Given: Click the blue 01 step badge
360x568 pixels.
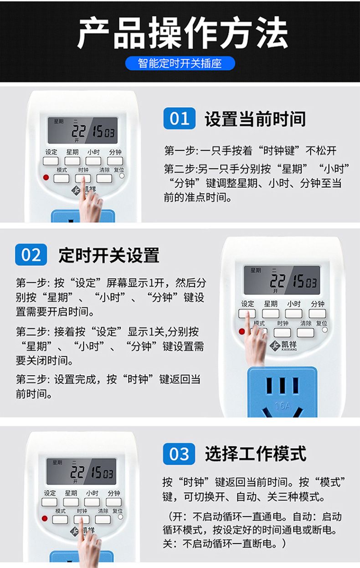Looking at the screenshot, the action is pyautogui.click(x=179, y=118).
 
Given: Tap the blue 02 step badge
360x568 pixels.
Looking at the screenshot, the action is pyautogui.click(x=31, y=254).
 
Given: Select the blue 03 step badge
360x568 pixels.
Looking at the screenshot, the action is pyautogui.click(x=179, y=454).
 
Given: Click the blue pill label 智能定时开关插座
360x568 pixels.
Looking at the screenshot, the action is pyautogui.click(x=180, y=63).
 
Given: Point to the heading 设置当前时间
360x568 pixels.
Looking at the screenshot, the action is pyautogui.click(x=255, y=119).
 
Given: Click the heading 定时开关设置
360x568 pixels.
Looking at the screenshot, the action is pyautogui.click(x=109, y=255).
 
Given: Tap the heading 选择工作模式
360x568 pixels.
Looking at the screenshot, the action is pyautogui.click(x=256, y=454).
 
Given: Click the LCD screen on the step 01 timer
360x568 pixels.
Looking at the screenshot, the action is pyautogui.click(x=82, y=130).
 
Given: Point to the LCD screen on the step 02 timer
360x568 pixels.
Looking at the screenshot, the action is pyautogui.click(x=282, y=280).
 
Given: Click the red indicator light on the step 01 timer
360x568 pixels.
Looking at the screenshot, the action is pyautogui.click(x=46, y=177).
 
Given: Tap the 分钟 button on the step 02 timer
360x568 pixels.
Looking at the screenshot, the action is pyautogui.click(x=317, y=314).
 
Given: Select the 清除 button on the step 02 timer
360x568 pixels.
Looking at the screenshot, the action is pyautogui.click(x=305, y=333).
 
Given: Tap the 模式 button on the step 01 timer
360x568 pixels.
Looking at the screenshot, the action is pyautogui.click(x=62, y=179).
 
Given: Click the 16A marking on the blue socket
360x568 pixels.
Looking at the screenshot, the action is pyautogui.click(x=283, y=406).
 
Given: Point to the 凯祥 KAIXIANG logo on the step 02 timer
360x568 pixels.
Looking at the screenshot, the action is pyautogui.click(x=283, y=345).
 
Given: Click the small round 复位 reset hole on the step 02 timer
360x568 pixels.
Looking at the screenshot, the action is pyautogui.click(x=325, y=330).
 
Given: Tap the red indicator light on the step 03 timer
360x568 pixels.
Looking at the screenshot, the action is pyautogui.click(x=45, y=518).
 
